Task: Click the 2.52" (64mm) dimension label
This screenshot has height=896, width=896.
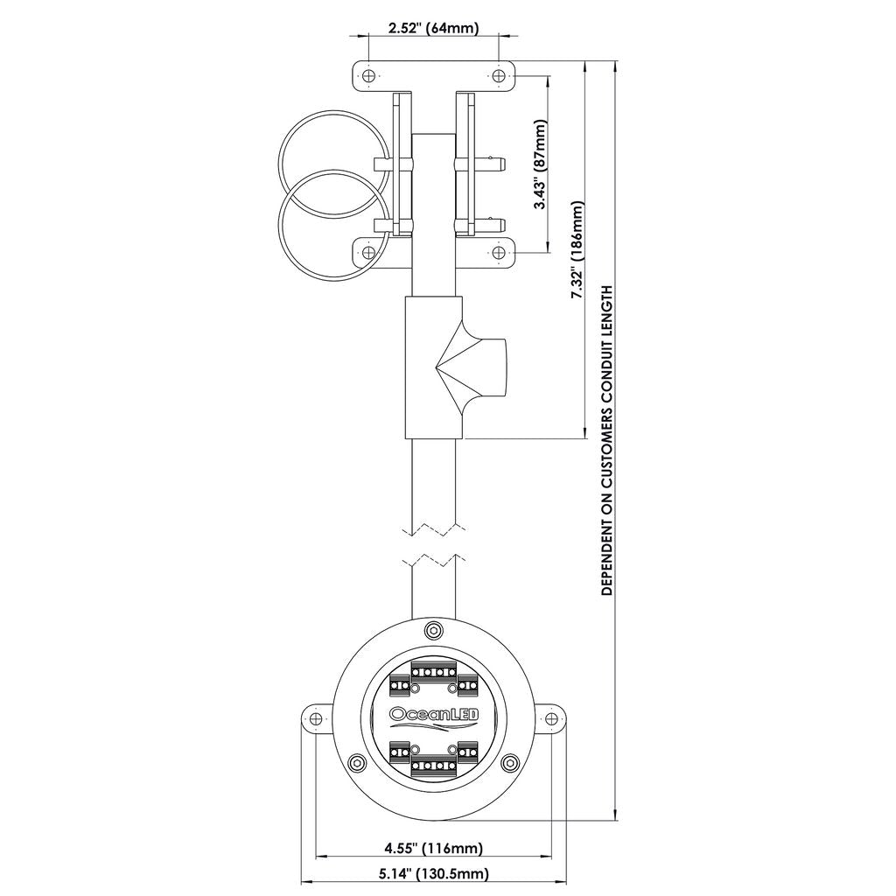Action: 433,27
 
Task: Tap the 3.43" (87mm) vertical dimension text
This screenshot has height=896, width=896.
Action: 540,164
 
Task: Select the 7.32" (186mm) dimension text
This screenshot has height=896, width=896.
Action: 577,250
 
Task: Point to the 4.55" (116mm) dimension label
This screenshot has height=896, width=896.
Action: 433,849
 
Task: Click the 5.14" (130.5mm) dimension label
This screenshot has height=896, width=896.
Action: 434,874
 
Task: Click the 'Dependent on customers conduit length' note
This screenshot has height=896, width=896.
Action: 606,441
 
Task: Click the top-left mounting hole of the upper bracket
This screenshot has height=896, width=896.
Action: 369,75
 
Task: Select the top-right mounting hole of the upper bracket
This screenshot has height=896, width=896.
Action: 499,75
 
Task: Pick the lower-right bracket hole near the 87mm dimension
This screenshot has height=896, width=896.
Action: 499,252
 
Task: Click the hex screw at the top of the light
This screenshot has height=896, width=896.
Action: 433,632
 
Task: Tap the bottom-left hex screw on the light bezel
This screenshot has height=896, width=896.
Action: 358,762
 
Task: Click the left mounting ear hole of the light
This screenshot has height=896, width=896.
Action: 315,717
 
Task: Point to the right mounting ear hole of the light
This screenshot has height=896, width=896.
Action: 551,717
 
